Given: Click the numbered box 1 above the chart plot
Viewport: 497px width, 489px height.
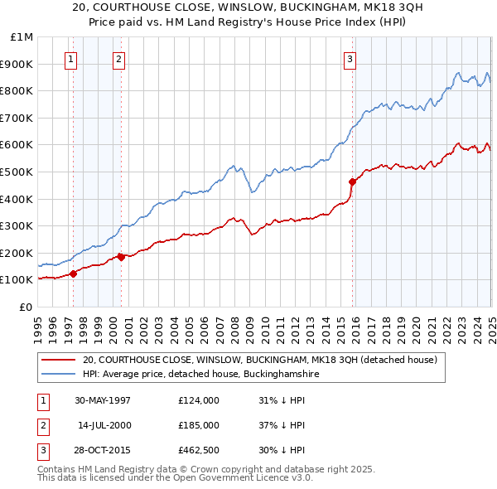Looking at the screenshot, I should (x=71, y=59).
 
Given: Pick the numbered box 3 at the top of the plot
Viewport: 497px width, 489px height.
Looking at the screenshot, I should (x=350, y=59).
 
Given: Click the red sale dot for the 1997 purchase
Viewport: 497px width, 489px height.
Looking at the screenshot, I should (x=74, y=273).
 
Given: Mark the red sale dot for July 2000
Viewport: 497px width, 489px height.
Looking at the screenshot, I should (x=121, y=257).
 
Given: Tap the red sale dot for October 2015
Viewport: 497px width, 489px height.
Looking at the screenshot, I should (x=352, y=182).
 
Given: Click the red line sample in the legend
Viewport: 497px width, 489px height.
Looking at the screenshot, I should (x=58, y=361).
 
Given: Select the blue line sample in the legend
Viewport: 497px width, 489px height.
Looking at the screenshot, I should (x=58, y=375).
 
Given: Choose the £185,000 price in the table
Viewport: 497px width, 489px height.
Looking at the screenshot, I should (x=198, y=425).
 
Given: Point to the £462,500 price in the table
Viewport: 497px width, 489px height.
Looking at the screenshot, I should (x=198, y=450).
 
